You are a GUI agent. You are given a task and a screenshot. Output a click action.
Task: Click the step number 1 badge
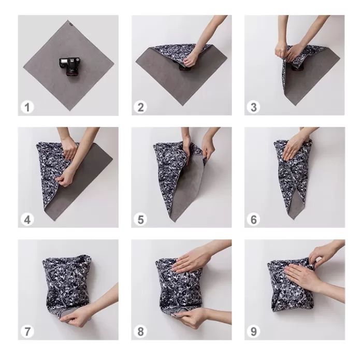(x=27, y=107)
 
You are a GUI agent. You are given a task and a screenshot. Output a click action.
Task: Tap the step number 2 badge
(x=140, y=107)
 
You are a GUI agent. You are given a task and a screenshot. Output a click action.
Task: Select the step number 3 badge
(x=253, y=107)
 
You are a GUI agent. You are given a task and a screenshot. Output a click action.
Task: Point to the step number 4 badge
(x=27, y=220)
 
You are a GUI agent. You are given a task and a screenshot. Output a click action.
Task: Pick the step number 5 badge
(x=140, y=220)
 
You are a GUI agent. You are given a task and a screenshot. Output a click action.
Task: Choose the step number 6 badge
(x=253, y=220)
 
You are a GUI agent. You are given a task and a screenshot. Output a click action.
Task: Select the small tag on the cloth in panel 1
(x=69, y=22)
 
